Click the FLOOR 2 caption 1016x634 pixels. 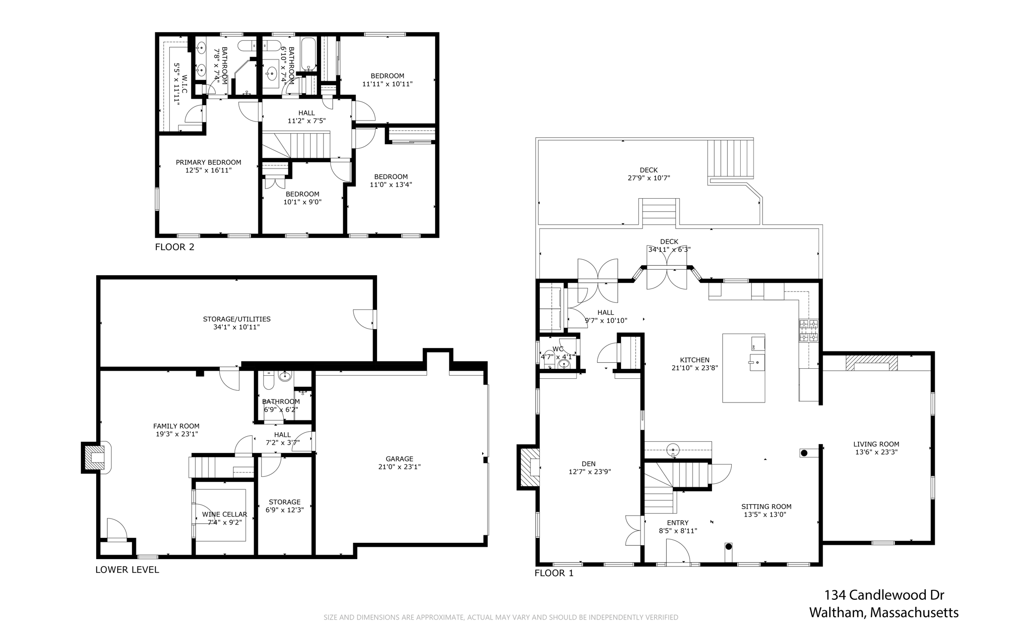click(x=175, y=247)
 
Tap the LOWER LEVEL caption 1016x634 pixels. click(x=127, y=570)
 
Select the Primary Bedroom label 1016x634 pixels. click(x=208, y=163)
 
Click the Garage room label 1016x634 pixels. click(x=399, y=459)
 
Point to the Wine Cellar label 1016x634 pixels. click(x=224, y=515)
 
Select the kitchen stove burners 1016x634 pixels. click(x=808, y=331)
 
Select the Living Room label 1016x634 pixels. click(x=876, y=444)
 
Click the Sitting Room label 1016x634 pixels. click(x=766, y=507)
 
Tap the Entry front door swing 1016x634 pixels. click(x=678, y=551)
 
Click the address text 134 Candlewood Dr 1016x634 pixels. click(x=884, y=595)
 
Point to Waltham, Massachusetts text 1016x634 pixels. click(x=884, y=613)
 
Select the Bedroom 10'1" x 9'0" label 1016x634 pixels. click(x=302, y=194)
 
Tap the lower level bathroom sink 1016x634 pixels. click(x=285, y=377)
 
